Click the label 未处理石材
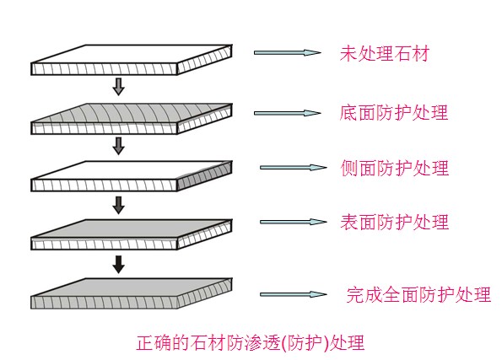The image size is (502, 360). [384, 53]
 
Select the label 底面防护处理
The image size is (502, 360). [393, 113]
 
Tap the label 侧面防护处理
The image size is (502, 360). [395, 168]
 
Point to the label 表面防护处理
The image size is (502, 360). [395, 222]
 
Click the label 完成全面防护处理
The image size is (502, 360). [418, 294]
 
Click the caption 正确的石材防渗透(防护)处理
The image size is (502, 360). [251, 343]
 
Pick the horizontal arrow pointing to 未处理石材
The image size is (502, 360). [288, 53]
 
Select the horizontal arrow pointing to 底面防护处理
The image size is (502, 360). [288, 113]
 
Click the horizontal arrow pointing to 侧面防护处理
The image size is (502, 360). [294, 168]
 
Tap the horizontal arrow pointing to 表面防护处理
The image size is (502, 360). [294, 222]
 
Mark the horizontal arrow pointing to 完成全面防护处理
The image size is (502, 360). [294, 294]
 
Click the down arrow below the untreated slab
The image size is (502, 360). [119, 86]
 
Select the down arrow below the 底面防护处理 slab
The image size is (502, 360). [119, 146]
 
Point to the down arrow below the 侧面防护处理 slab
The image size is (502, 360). [119, 205]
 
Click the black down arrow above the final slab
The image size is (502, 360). [119, 265]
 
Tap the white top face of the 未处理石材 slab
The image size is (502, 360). [132, 54]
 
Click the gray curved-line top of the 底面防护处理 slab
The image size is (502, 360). [132, 113]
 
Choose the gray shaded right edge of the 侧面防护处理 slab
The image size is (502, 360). [204, 176]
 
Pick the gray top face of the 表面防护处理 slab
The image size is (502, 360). [132, 228]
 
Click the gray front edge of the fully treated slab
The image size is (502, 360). [104, 303]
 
